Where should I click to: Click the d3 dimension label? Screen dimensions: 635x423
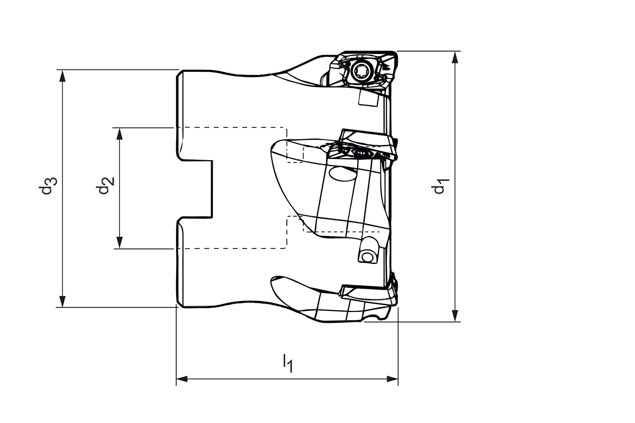[x=48, y=186]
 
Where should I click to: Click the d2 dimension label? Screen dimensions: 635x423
[x=105, y=185]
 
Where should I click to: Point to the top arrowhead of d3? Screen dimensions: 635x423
[x=63, y=75]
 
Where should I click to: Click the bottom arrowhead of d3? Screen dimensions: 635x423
[x=63, y=302]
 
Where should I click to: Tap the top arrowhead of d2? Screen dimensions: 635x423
[x=120, y=134]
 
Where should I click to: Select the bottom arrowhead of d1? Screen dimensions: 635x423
[x=455, y=316]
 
